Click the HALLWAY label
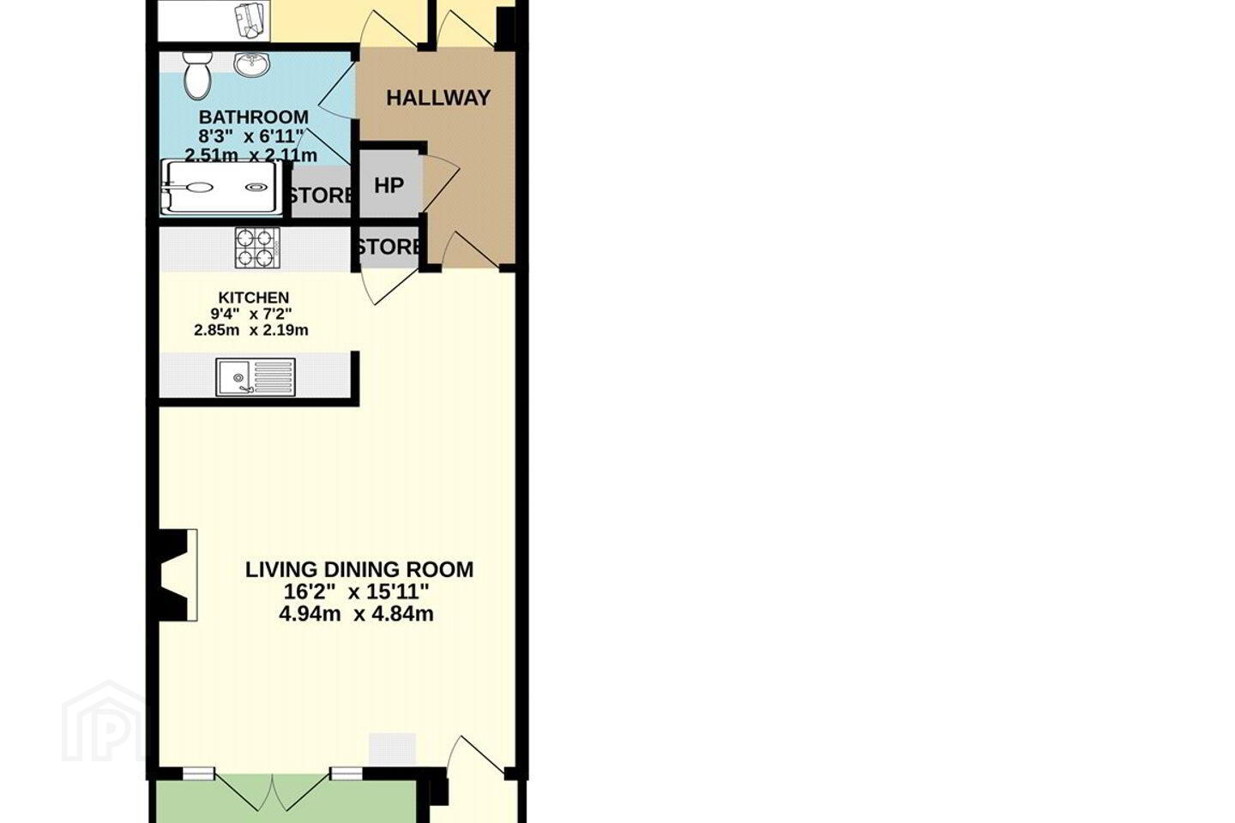(437, 98)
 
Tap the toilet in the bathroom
(197, 76)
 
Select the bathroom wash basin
(251, 64)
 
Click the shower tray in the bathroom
(220, 188)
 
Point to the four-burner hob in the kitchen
(257, 248)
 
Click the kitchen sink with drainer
(256, 377)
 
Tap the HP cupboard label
(389, 186)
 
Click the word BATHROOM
(254, 117)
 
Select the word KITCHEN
(254, 297)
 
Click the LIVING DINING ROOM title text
(359, 569)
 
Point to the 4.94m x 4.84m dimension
(356, 614)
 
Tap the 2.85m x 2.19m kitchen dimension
(251, 331)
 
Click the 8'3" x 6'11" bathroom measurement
(251, 135)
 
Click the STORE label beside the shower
(321, 195)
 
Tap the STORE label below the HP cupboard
(389, 247)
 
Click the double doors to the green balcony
(273, 793)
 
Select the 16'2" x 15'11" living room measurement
(356, 592)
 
